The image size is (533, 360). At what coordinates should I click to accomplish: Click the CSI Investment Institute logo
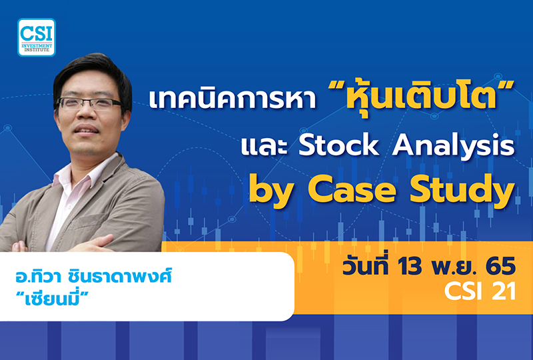pos(37,37)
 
